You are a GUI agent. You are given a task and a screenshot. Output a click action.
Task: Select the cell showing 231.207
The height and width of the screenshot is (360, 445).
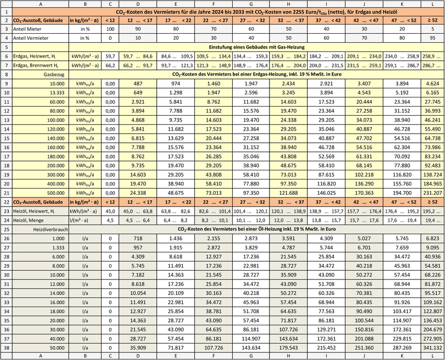[x=432, y=194]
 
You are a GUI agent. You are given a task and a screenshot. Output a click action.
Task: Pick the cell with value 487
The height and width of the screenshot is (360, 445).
[x=136, y=83]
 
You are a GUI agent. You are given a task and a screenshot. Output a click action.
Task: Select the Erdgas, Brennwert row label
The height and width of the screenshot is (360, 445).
[x=32, y=65]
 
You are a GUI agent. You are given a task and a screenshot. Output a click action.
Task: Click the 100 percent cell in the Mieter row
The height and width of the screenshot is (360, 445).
[x=108, y=29]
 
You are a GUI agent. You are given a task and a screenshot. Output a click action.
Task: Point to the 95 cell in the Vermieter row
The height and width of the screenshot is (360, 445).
[x=432, y=38]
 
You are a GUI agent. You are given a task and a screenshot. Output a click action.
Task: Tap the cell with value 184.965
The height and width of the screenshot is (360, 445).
[x=432, y=185]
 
